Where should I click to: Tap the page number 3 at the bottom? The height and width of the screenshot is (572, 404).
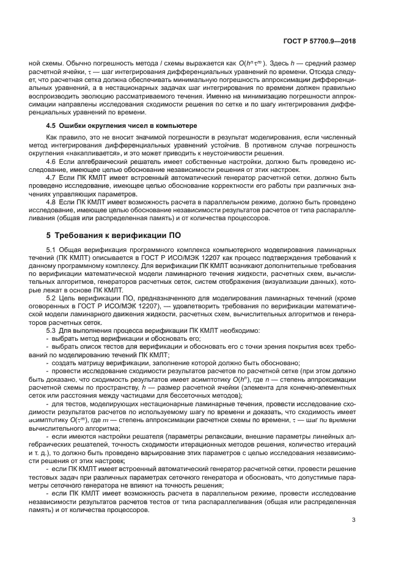click(354, 521)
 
